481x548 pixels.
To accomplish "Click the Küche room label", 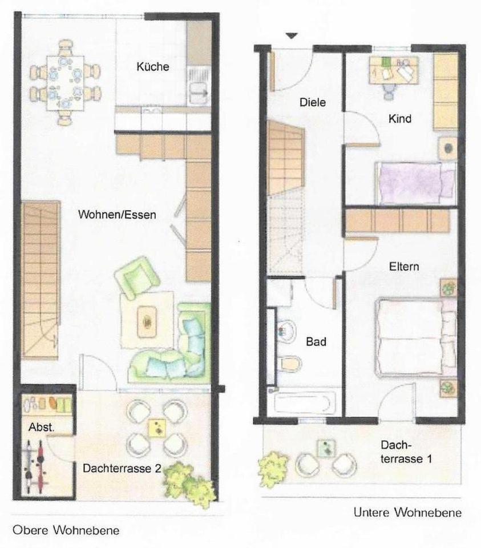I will click(x=152, y=67).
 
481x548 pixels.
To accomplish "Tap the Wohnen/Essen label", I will click(x=117, y=215).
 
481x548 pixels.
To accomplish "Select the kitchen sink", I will click(x=199, y=90).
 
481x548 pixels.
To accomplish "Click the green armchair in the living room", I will click(x=136, y=277).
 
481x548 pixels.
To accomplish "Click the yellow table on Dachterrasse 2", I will click(x=156, y=426).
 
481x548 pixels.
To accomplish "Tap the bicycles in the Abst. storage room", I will click(x=35, y=468).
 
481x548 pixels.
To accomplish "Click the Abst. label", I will click(x=37, y=426).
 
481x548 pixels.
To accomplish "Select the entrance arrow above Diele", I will click(x=292, y=36).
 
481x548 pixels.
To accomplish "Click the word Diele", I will click(x=313, y=103).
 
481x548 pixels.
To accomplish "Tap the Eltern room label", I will click(x=404, y=267).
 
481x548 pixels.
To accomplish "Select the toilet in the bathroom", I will click(x=290, y=362).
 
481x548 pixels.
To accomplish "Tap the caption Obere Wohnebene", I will click(x=66, y=530).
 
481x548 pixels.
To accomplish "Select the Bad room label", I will click(x=316, y=342).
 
